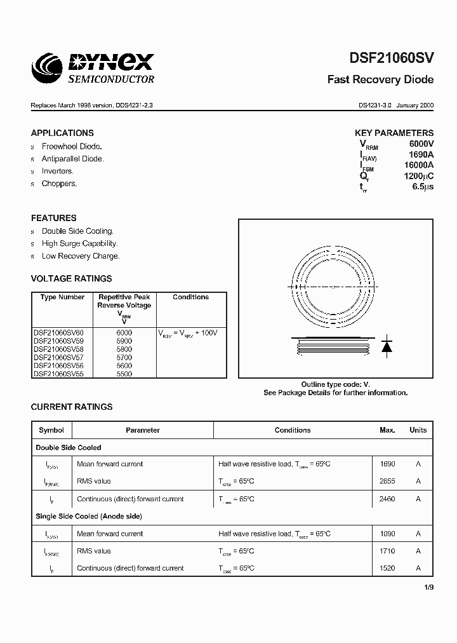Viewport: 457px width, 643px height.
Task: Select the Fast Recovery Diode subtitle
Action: pyautogui.click(x=380, y=80)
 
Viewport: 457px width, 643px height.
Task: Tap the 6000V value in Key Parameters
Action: pyautogui.click(x=421, y=144)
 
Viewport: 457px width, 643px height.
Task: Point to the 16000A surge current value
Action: pyautogui.click(x=419, y=165)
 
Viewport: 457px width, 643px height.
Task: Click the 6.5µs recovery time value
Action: pyautogui.click(x=423, y=187)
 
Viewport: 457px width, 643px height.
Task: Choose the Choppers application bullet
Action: pyautogui.click(x=59, y=184)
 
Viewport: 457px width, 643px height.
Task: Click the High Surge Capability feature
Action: pyautogui.click(x=79, y=243)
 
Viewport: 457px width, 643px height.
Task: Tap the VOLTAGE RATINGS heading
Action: pyautogui.click(x=71, y=278)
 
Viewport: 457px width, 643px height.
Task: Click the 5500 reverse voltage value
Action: pyautogui.click(x=124, y=374)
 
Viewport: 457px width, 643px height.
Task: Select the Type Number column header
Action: pyautogui.click(x=62, y=297)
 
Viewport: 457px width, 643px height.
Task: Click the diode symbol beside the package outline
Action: pyautogui.click(x=386, y=346)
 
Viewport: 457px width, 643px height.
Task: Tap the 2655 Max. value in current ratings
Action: pyautogui.click(x=387, y=482)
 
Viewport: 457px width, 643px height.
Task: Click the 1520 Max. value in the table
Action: pyautogui.click(x=387, y=569)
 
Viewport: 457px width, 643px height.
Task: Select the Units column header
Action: pyautogui.click(x=418, y=430)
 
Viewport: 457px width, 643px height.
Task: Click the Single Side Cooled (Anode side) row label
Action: pyautogui.click(x=89, y=517)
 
